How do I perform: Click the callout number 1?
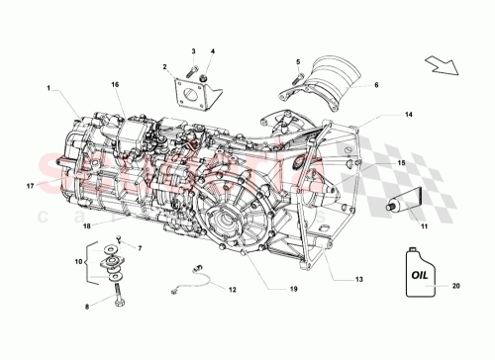tap(47, 88)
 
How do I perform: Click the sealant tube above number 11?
tap(400, 207)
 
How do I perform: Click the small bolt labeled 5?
tap(296, 80)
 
